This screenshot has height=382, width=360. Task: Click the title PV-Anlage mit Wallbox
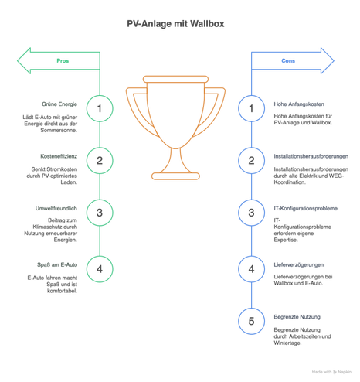[175, 24]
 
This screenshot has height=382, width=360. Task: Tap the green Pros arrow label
[63, 61]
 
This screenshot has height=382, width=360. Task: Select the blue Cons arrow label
[288, 61]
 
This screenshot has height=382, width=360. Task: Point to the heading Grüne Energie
[59, 104]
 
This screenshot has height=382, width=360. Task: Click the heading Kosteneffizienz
[59, 156]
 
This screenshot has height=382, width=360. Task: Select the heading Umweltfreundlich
[56, 208]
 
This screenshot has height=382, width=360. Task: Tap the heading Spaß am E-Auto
[57, 264]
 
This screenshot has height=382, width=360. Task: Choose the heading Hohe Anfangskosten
[299, 104]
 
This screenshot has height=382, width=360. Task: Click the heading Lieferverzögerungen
[299, 264]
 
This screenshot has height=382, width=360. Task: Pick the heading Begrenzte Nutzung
[297, 317]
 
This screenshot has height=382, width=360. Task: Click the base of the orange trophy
[175, 176]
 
